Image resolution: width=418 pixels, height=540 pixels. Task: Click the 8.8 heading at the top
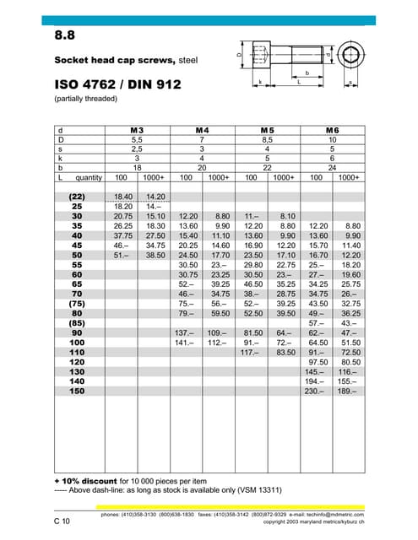[x=65, y=35]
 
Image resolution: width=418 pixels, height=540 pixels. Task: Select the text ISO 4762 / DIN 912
[x=117, y=85]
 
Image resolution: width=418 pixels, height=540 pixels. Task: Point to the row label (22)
[x=75, y=196]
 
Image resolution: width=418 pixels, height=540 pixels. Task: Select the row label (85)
[x=75, y=323]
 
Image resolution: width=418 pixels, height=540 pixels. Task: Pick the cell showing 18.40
[x=122, y=196]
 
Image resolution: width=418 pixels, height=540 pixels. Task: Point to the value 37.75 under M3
[x=122, y=235]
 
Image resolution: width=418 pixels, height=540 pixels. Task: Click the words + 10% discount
[x=87, y=479]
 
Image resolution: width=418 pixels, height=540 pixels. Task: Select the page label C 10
[x=62, y=521]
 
